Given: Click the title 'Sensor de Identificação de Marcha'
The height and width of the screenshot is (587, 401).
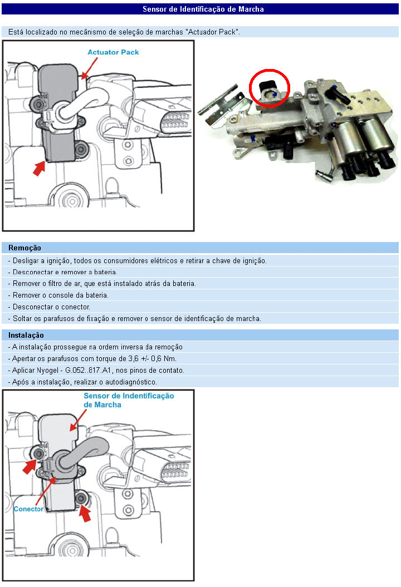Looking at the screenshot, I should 203,9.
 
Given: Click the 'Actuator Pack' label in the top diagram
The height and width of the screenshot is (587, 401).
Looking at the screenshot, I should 113,52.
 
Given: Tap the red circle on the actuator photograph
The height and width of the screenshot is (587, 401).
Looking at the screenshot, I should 270,87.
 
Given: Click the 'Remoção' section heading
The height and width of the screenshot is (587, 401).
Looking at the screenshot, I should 25,248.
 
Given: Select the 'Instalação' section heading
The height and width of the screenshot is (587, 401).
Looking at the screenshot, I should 26,335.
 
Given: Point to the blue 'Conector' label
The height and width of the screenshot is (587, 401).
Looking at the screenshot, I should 28,509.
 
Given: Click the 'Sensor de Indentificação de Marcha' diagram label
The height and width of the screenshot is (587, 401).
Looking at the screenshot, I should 129,400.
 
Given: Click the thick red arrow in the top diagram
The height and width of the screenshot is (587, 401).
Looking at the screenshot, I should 39,167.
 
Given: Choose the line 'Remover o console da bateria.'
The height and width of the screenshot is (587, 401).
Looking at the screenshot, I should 58,295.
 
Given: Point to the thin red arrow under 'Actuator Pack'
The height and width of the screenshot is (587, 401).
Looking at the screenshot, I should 89,67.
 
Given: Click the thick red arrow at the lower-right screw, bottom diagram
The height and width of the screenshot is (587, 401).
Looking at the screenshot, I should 85,513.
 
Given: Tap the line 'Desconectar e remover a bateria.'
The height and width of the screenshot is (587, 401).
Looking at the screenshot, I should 62,272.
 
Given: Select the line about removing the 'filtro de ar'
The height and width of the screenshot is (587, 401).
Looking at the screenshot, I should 102,283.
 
